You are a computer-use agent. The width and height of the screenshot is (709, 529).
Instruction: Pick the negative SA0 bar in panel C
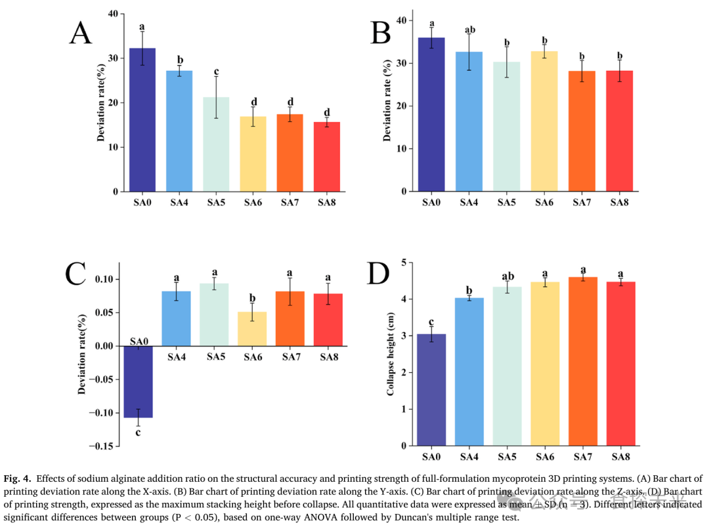click(x=138, y=381)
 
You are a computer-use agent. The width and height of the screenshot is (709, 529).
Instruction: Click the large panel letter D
click(x=378, y=274)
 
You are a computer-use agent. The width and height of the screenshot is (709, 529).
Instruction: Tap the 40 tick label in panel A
click(x=113, y=14)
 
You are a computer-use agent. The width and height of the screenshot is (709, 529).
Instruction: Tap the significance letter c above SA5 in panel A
click(x=216, y=72)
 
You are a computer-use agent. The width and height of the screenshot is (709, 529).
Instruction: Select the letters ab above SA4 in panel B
click(x=469, y=30)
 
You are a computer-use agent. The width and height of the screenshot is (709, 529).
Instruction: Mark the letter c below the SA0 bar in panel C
click(x=138, y=431)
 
